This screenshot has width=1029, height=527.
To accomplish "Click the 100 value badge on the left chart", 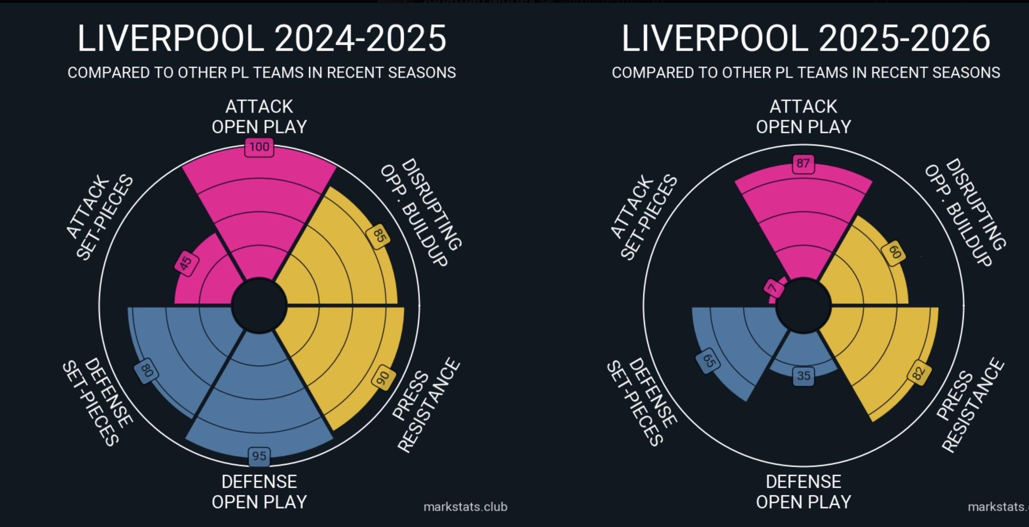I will (259, 147).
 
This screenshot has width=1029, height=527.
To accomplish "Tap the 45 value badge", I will (186, 263).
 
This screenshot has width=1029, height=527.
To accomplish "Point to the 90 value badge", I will (382, 378).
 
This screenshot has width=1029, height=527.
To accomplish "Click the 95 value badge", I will (259, 456).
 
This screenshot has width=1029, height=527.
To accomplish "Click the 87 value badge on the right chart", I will (803, 163).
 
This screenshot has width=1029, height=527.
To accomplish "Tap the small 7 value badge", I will (773, 288).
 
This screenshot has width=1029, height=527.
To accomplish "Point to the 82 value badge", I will (918, 373).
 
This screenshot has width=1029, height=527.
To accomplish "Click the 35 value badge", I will (803, 376).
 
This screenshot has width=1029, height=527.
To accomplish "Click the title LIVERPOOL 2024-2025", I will (262, 39).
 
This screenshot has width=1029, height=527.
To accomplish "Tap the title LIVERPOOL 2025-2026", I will (806, 39).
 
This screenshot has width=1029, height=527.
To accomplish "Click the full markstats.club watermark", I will (465, 507).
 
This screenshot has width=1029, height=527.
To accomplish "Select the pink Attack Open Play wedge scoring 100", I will (259, 200).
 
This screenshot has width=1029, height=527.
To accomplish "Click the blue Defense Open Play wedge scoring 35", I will (803, 353).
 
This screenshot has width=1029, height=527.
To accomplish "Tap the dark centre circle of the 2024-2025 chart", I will (259, 305).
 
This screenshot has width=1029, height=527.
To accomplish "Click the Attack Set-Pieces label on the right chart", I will (644, 217).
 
